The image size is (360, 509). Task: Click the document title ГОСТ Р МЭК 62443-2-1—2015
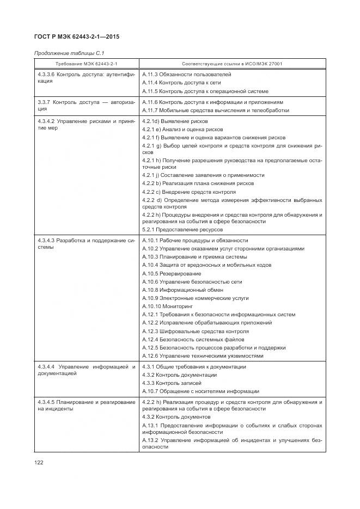pyautogui.click(x=77, y=37)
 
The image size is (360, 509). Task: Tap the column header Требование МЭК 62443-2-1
pyautogui.click(x=87, y=64)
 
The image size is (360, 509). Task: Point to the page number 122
pyautogui.click(x=39, y=462)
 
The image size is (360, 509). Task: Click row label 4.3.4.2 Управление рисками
pyautogui.click(x=86, y=124)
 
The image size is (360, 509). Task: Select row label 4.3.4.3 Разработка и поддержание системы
pyautogui.click(x=86, y=243)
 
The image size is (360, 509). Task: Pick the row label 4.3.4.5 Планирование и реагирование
pyautogui.click(x=86, y=405)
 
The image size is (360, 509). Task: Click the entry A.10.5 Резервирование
pyautogui.click(x=171, y=273)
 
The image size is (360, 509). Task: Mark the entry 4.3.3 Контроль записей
pyautogui.click(x=172, y=383)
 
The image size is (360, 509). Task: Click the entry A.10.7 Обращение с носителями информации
pyautogui.click(x=200, y=391)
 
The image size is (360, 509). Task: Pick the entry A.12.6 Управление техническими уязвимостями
pyautogui.click(x=202, y=356)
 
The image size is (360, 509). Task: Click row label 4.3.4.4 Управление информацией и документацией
pyautogui.click(x=86, y=370)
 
